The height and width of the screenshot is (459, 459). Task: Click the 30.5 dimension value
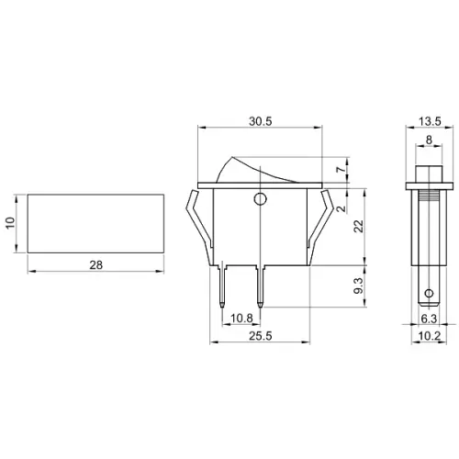point(260,121)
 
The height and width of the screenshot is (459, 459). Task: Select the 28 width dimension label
point(96,265)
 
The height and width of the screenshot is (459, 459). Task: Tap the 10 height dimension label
point(10,223)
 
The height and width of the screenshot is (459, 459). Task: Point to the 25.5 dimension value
point(260,336)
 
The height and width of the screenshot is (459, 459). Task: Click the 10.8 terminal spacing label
point(241,319)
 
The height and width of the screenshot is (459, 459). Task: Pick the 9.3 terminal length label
point(358,285)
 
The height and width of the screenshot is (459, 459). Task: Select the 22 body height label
point(358,226)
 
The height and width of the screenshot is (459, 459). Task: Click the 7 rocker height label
point(341,170)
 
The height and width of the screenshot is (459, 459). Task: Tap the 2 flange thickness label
point(341,208)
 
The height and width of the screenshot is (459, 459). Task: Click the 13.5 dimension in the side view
point(430,121)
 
